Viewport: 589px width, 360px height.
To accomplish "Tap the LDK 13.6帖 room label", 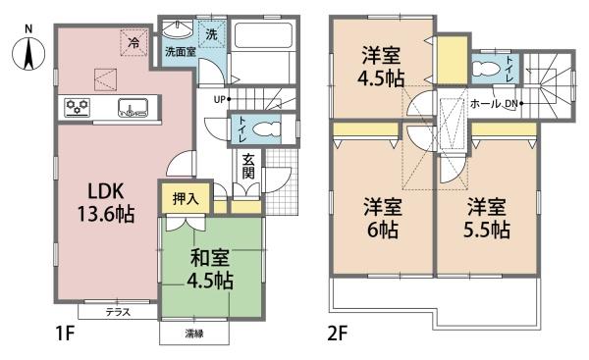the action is point(106,203).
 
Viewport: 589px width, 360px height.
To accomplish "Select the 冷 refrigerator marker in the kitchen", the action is point(134,43).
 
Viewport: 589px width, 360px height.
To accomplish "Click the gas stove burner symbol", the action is point(78,107).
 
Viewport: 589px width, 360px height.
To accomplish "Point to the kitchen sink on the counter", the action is point(133,107).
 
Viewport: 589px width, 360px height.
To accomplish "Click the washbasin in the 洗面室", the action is point(178,29).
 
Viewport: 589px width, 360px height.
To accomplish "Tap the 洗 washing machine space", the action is point(212,34).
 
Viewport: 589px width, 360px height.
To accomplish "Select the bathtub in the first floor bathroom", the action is point(263,35).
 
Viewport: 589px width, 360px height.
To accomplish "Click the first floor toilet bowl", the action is point(267,129).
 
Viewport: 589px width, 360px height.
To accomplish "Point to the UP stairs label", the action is point(219,99).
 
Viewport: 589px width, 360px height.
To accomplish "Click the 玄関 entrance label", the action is point(248,167).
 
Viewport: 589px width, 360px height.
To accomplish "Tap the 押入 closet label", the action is point(186,199).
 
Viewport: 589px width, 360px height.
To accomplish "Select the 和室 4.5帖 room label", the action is point(210,269).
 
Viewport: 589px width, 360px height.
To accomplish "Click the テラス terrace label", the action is point(118,312).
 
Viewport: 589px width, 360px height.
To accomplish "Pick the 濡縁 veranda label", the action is point(194,334).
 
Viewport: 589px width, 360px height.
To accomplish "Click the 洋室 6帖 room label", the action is point(383,218).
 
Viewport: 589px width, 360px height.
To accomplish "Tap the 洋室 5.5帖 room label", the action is point(487,218).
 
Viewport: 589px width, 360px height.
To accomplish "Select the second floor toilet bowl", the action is point(487,70).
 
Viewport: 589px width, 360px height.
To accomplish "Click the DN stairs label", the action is point(510,104).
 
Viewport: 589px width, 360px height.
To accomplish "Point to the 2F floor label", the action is point(338,334).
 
